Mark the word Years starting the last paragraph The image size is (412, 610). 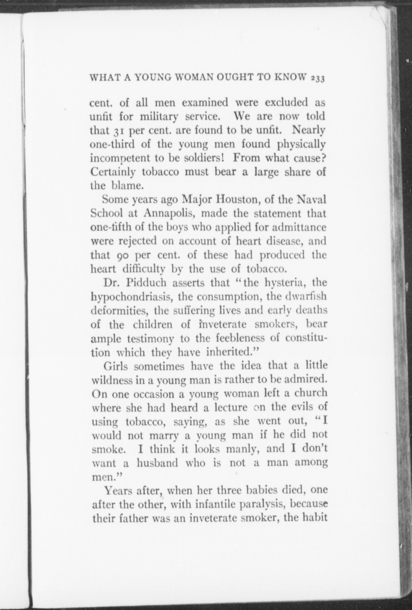coord(120,491)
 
